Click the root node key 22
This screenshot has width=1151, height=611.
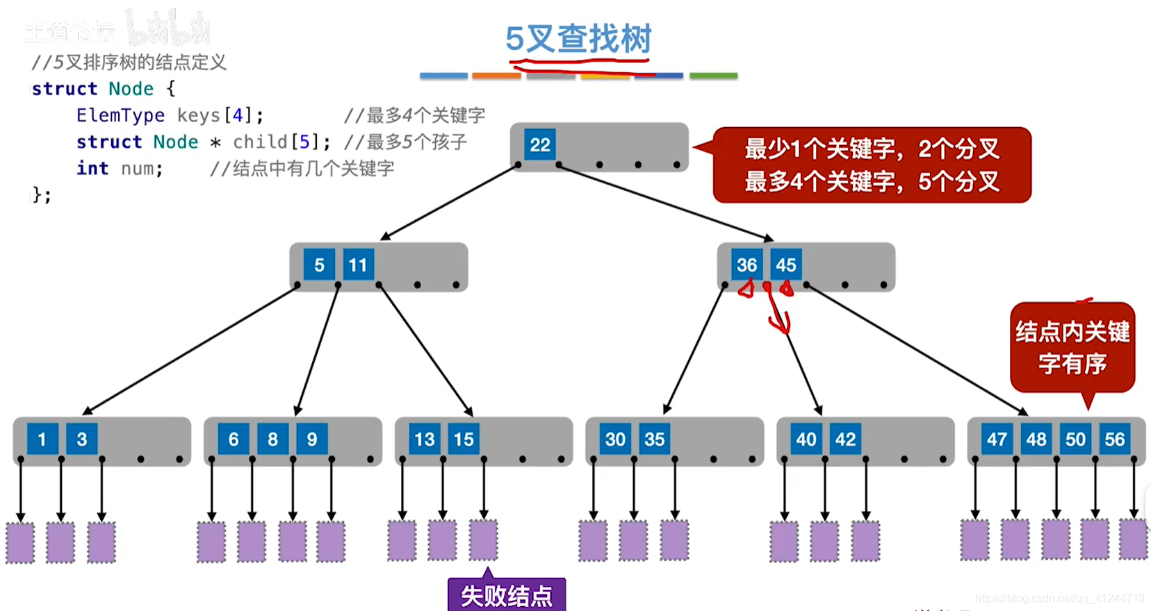click(x=540, y=144)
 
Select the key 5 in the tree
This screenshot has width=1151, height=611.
click(x=319, y=265)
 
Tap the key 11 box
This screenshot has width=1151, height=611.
click(x=358, y=265)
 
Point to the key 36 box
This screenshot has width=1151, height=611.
click(x=746, y=265)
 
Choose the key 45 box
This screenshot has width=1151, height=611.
click(x=786, y=265)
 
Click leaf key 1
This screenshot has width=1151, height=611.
click(x=42, y=439)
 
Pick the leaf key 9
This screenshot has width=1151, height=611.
click(x=312, y=439)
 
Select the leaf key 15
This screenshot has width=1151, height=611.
click(x=464, y=439)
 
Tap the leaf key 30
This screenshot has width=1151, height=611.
click(x=615, y=439)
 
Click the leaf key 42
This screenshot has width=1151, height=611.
click(x=845, y=439)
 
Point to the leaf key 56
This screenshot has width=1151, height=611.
click(x=1115, y=439)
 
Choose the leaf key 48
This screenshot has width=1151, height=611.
click(x=1036, y=439)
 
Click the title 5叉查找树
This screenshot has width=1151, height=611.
click(x=578, y=39)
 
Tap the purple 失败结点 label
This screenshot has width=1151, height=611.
click(x=507, y=596)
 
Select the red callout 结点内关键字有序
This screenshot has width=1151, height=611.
click(x=1072, y=347)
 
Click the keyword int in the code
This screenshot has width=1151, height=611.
click(x=92, y=169)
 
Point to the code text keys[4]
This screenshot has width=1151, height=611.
click(x=220, y=115)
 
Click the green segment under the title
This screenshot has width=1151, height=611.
click(x=713, y=76)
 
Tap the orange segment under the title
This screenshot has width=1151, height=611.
click(x=496, y=76)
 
